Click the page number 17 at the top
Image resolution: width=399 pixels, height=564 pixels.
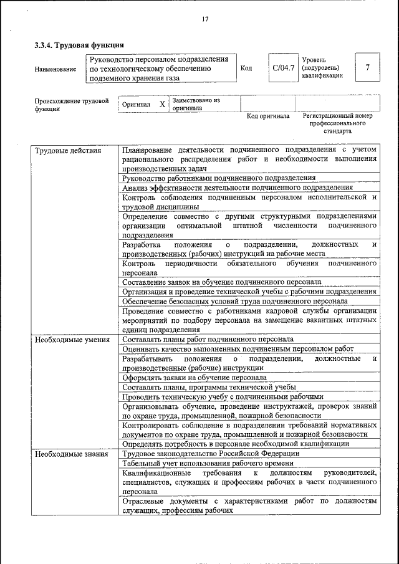coord(204,19)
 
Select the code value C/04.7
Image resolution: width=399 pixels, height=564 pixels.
coord(282,67)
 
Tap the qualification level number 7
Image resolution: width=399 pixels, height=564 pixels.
coord(368,67)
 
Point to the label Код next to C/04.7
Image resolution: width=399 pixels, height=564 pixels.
coord(246,68)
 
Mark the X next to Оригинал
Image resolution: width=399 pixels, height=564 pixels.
coord(162,104)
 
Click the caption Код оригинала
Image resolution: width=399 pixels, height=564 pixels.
coord(267,116)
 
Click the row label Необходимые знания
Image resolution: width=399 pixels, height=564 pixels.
coord(70,454)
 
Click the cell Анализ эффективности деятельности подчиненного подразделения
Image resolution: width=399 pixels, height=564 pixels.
coord(238,187)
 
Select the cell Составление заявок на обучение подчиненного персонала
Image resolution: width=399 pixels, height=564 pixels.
coord(222,282)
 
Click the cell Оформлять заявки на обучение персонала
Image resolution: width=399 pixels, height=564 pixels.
coord(195,378)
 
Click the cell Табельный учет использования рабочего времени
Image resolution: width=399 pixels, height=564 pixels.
coord(208,463)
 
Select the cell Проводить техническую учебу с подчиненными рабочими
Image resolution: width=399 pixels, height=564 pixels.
coord(223,396)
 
